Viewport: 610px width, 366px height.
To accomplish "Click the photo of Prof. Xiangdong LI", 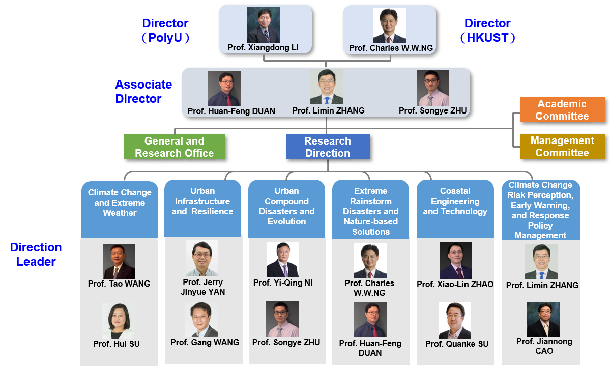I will click(264, 25).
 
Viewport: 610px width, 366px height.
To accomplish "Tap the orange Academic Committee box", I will click(562, 110).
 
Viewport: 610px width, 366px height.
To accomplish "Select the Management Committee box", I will click(562, 147).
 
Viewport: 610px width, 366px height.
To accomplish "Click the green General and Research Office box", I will click(174, 147).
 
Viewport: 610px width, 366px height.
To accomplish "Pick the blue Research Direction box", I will click(327, 147).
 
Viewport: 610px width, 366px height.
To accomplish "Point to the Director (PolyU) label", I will click(165, 31).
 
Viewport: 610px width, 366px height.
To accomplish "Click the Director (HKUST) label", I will click(487, 31).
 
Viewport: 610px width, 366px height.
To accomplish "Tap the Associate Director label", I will click(143, 92).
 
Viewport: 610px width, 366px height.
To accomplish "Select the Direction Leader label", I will click(36, 255).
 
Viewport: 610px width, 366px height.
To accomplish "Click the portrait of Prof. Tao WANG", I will click(119, 261).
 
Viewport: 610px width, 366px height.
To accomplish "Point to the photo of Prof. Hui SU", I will click(119, 321).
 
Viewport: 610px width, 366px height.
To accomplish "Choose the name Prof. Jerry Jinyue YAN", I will click(202, 287).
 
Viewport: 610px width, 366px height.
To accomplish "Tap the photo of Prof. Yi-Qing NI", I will click(283, 260).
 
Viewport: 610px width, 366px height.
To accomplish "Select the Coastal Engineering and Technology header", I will click(455, 202).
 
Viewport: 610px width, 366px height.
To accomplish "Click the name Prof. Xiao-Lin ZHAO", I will click(455, 284).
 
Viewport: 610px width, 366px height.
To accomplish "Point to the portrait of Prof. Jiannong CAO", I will click(543, 319).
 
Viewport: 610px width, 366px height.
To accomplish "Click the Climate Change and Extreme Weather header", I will click(120, 203).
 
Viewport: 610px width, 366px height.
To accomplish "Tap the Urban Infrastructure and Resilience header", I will click(202, 202).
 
